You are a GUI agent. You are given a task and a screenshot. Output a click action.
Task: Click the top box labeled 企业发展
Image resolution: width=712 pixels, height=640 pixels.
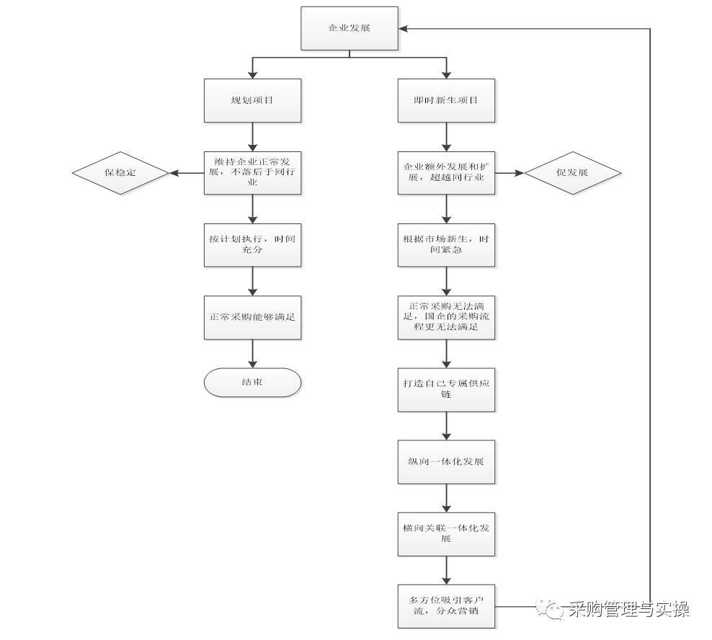click(x=349, y=29)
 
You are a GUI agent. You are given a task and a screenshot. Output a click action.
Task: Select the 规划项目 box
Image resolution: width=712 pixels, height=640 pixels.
click(x=252, y=100)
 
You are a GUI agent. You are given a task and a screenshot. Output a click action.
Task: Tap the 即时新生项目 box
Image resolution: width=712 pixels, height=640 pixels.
click(x=447, y=100)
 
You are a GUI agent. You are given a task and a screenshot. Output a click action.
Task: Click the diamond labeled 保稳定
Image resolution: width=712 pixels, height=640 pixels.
click(x=120, y=173)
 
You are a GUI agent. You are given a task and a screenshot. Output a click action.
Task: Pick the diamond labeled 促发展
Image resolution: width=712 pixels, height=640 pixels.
click(x=572, y=173)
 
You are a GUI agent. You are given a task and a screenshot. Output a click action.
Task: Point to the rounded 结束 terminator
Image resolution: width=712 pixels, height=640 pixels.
click(x=252, y=382)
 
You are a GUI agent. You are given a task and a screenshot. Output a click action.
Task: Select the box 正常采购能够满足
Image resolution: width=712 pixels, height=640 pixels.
click(x=252, y=316)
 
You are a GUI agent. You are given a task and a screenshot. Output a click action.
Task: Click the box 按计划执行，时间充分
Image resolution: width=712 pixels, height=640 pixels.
click(x=252, y=245)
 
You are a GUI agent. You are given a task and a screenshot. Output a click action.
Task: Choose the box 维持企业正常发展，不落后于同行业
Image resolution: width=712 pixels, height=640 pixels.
click(x=252, y=173)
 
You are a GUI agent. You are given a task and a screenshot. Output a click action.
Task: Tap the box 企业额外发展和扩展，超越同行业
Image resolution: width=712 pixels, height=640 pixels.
click(x=447, y=173)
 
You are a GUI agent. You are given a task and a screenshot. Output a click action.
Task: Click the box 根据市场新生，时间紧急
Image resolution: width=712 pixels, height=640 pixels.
click(x=447, y=245)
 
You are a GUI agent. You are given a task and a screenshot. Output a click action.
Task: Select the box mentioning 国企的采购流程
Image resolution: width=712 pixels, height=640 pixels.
click(x=447, y=316)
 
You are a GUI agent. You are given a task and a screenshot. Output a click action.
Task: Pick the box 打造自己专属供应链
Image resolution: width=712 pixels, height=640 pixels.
click(x=447, y=389)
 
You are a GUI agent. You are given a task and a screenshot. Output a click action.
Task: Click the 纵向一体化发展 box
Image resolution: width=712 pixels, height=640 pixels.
click(x=447, y=461)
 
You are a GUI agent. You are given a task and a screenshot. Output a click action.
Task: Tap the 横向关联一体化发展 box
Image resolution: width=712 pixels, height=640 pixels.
click(x=447, y=533)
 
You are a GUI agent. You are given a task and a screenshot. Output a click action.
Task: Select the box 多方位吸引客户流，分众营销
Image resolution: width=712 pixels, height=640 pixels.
click(x=447, y=605)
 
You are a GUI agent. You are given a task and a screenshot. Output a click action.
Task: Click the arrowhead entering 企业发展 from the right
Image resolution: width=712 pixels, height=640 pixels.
click(x=404, y=29)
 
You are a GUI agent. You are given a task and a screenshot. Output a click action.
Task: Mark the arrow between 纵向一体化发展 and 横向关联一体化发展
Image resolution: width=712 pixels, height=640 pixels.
click(x=447, y=497)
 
